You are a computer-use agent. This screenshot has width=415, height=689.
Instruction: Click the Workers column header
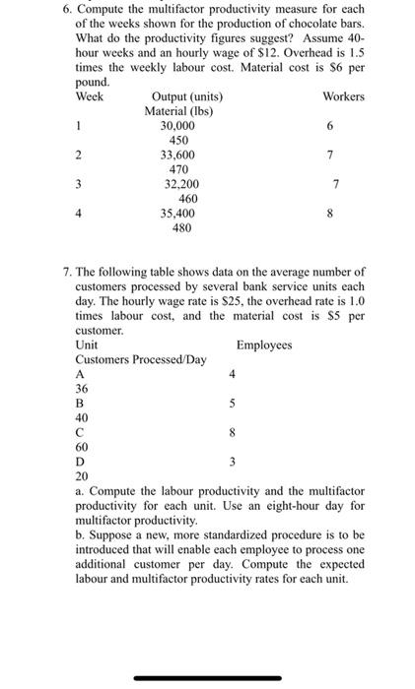pos(343,96)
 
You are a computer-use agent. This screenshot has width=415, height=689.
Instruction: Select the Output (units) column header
pos(187,96)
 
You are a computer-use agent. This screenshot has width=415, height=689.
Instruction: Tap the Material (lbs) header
pos(179,111)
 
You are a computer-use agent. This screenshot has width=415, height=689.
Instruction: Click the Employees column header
pos(264,345)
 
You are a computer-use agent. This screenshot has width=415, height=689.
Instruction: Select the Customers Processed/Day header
pos(141,360)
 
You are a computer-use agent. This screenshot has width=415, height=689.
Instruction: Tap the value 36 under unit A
pos(82,389)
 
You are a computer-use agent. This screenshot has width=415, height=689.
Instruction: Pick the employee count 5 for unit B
pos(233,404)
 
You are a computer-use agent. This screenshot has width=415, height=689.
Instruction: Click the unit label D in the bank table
pos(80,461)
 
